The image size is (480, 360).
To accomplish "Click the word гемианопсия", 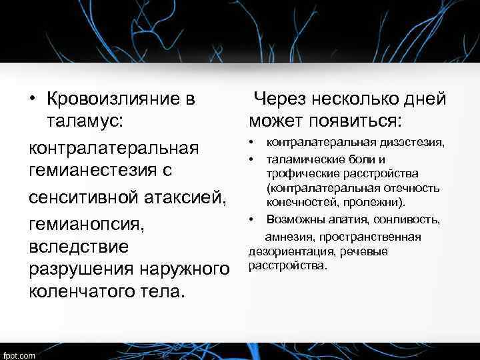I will point(87,223).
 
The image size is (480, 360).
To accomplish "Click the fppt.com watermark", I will point(20,355).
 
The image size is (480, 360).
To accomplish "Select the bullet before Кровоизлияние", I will point(32,99).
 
